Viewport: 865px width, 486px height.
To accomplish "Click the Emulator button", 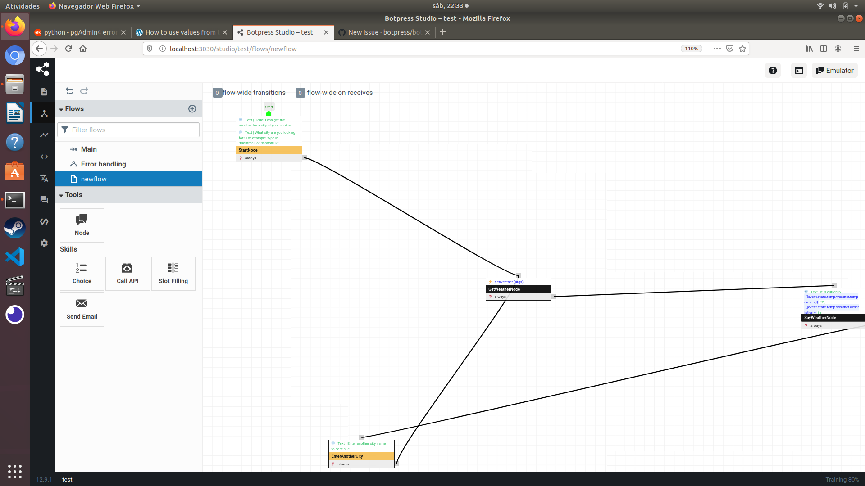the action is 834,71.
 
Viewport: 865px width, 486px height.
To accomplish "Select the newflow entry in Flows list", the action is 94,179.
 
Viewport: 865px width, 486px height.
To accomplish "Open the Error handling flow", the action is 103,164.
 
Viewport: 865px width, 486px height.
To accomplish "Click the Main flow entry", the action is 89,149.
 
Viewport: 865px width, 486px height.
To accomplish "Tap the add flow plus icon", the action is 192,109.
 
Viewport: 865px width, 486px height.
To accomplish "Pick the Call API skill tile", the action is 127,274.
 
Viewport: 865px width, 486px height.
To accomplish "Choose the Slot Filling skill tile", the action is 173,274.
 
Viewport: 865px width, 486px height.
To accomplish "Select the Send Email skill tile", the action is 82,309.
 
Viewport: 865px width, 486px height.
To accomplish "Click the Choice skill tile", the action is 82,274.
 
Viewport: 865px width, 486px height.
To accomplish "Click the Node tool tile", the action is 82,225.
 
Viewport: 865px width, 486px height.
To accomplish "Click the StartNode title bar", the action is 269,150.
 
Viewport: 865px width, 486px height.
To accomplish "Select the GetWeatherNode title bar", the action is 518,289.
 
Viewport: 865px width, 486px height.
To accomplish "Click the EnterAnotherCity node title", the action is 361,456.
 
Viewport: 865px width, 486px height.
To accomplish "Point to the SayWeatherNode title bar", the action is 833,318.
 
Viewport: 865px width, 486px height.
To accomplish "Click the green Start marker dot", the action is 269,114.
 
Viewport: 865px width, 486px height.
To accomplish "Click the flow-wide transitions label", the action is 254,93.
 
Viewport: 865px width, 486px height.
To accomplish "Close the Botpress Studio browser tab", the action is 326,32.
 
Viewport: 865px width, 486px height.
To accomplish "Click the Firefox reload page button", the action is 68,49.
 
